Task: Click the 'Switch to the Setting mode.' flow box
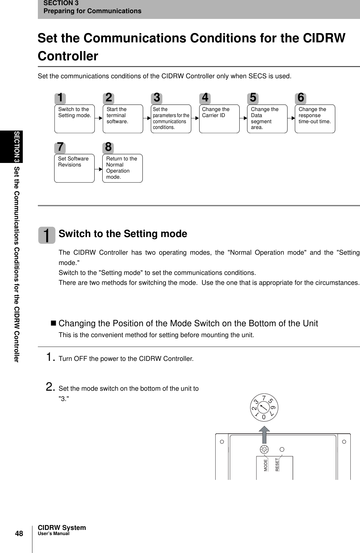click(x=74, y=119)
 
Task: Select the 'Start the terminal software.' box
click(x=123, y=119)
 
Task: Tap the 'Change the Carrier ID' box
click(x=219, y=119)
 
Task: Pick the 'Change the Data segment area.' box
click(x=267, y=119)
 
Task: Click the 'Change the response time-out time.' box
click(x=315, y=119)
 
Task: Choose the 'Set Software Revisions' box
click(x=74, y=168)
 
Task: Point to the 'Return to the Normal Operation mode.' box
click(x=122, y=168)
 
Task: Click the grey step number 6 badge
click(x=301, y=97)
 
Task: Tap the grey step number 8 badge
click(x=108, y=147)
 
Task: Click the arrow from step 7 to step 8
click(x=99, y=167)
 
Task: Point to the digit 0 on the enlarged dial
click(x=264, y=417)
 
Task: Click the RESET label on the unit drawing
click(x=278, y=464)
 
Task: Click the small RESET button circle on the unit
click(x=282, y=450)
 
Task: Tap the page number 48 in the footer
click(x=19, y=533)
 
